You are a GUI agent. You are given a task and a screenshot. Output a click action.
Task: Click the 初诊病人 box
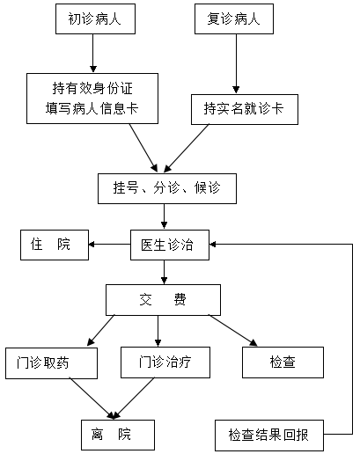click(x=95, y=18)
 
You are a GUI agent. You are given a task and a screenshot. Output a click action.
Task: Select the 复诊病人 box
click(x=234, y=18)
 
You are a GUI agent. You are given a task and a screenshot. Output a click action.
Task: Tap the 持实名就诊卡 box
click(x=245, y=109)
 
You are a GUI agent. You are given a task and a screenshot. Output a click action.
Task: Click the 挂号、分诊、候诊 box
click(x=167, y=188)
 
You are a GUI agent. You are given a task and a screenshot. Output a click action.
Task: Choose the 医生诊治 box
click(x=170, y=245)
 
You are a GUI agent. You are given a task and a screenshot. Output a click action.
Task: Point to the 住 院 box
click(x=55, y=245)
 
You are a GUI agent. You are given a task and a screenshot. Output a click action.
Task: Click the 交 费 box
click(x=163, y=300)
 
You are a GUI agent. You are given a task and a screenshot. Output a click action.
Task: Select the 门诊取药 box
click(x=51, y=363)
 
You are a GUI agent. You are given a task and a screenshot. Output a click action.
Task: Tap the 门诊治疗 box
click(x=165, y=362)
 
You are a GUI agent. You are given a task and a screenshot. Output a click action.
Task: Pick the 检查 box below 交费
click(x=283, y=362)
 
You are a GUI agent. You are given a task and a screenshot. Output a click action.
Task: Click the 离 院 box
click(x=118, y=435)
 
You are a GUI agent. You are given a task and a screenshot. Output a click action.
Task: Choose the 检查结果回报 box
click(x=269, y=436)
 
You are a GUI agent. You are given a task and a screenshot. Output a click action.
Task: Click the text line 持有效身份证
click(x=92, y=88)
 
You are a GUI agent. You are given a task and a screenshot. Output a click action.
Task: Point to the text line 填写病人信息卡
click(x=92, y=108)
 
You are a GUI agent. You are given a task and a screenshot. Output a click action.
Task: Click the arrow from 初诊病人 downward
click(x=93, y=53)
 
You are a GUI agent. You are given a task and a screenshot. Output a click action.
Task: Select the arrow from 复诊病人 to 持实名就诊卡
click(x=236, y=63)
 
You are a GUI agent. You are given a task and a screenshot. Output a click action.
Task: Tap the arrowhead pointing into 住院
click(x=92, y=244)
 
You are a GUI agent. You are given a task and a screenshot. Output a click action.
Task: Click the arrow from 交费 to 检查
click(x=233, y=331)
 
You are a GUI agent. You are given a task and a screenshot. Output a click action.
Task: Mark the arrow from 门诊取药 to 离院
click(x=92, y=399)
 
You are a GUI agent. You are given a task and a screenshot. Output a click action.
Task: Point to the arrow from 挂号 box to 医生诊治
click(x=164, y=216)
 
